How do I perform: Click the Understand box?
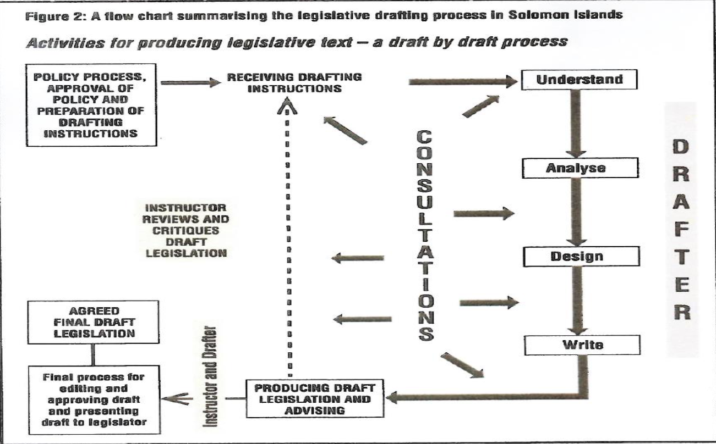580,79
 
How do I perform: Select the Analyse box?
580,168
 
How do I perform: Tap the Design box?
581,256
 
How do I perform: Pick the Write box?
582,345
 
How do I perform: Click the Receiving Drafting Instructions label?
294,82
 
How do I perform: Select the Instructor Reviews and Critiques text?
187,231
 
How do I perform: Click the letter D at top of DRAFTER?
681,147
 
